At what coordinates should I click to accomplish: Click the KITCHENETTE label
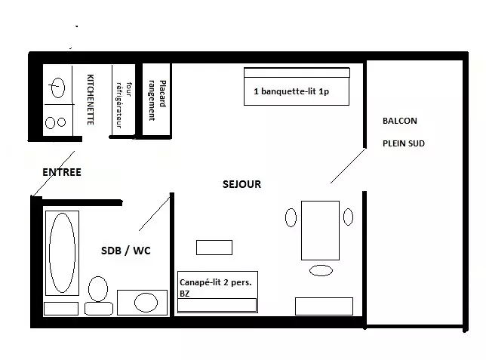91,100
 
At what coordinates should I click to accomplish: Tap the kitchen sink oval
58,88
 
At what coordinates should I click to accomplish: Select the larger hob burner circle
51,122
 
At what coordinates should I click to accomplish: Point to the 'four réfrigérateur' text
123,105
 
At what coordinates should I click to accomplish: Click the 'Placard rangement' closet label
157,100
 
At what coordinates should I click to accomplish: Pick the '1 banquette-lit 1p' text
291,91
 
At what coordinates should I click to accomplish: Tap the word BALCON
400,121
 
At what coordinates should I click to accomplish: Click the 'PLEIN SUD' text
404,143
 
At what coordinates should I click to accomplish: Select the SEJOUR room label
241,184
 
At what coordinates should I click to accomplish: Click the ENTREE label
62,172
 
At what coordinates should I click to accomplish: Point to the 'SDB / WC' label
126,251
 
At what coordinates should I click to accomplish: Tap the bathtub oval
63,253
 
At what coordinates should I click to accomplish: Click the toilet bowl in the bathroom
98,289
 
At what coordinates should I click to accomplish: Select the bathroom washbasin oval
146,303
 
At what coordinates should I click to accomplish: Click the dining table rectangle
320,230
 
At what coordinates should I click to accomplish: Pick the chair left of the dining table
291,217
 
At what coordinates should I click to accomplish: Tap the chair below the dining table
321,270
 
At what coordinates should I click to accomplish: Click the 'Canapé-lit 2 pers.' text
215,282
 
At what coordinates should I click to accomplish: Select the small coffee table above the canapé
214,248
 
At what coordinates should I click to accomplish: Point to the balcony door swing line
348,166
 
